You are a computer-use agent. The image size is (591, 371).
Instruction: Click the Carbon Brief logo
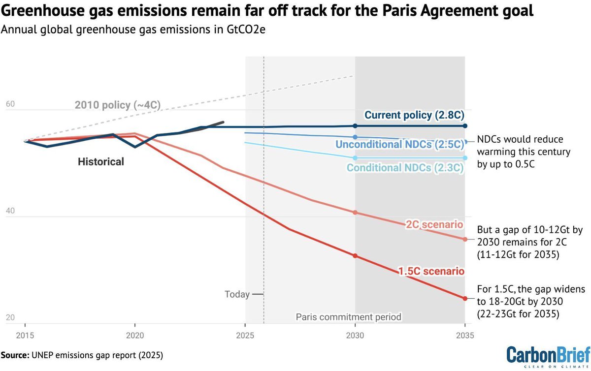click(548, 356)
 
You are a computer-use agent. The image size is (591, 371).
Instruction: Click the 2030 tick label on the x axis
click(355, 336)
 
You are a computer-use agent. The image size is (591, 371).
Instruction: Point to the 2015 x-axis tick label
click(26, 336)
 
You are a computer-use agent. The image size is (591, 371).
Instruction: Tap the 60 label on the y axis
click(10, 105)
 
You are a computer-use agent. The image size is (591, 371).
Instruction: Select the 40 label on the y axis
click(10, 212)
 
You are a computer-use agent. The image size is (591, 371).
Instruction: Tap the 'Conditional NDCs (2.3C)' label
click(405, 168)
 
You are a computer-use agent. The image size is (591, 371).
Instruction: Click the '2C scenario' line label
click(434, 225)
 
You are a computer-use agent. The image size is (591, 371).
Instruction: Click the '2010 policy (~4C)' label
click(118, 105)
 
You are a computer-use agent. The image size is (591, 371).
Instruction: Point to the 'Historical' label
click(101, 161)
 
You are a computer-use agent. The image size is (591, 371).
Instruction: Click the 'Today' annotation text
click(237, 294)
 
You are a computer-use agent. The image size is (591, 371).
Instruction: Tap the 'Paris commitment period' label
click(349, 317)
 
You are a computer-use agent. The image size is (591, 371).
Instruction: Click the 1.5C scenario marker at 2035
click(464, 298)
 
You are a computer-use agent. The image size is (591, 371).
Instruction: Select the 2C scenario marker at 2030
click(355, 213)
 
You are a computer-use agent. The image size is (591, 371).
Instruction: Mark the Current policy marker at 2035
click(464, 126)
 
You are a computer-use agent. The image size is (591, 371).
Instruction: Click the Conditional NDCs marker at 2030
click(355, 158)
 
